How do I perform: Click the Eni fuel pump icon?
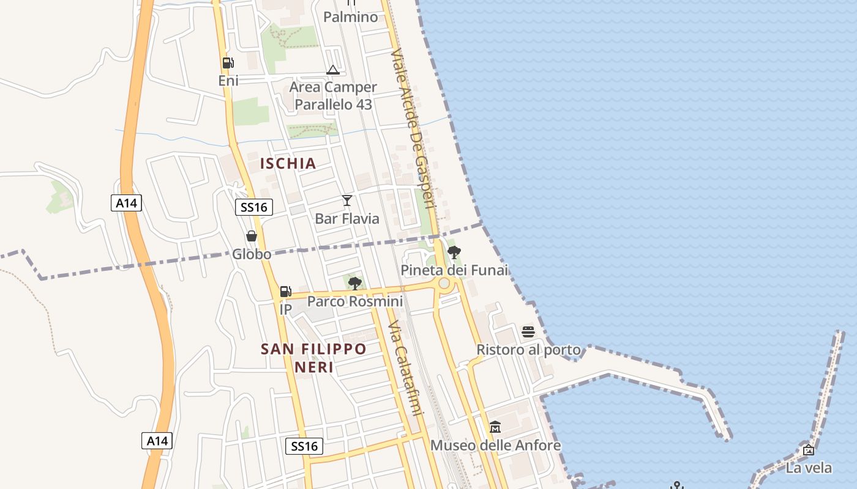[228, 63]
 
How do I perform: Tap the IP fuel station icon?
[285, 292]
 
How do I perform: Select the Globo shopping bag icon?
[251, 236]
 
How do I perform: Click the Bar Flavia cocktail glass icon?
[347, 200]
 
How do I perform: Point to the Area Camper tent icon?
[332, 70]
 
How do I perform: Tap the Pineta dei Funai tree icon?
[454, 252]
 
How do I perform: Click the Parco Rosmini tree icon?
[354, 283]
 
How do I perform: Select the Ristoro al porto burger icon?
[528, 332]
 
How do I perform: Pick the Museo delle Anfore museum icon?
[495, 427]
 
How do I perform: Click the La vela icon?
[809, 450]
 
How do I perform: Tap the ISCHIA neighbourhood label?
[288, 163]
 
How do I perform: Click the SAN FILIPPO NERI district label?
[313, 358]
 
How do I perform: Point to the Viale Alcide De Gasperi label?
[413, 128]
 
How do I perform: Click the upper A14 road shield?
[126, 203]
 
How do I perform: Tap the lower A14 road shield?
[157, 440]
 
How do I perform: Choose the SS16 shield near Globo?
[254, 207]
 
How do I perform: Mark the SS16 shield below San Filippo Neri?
[304, 446]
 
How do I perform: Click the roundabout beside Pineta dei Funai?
[444, 284]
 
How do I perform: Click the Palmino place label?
[351, 17]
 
